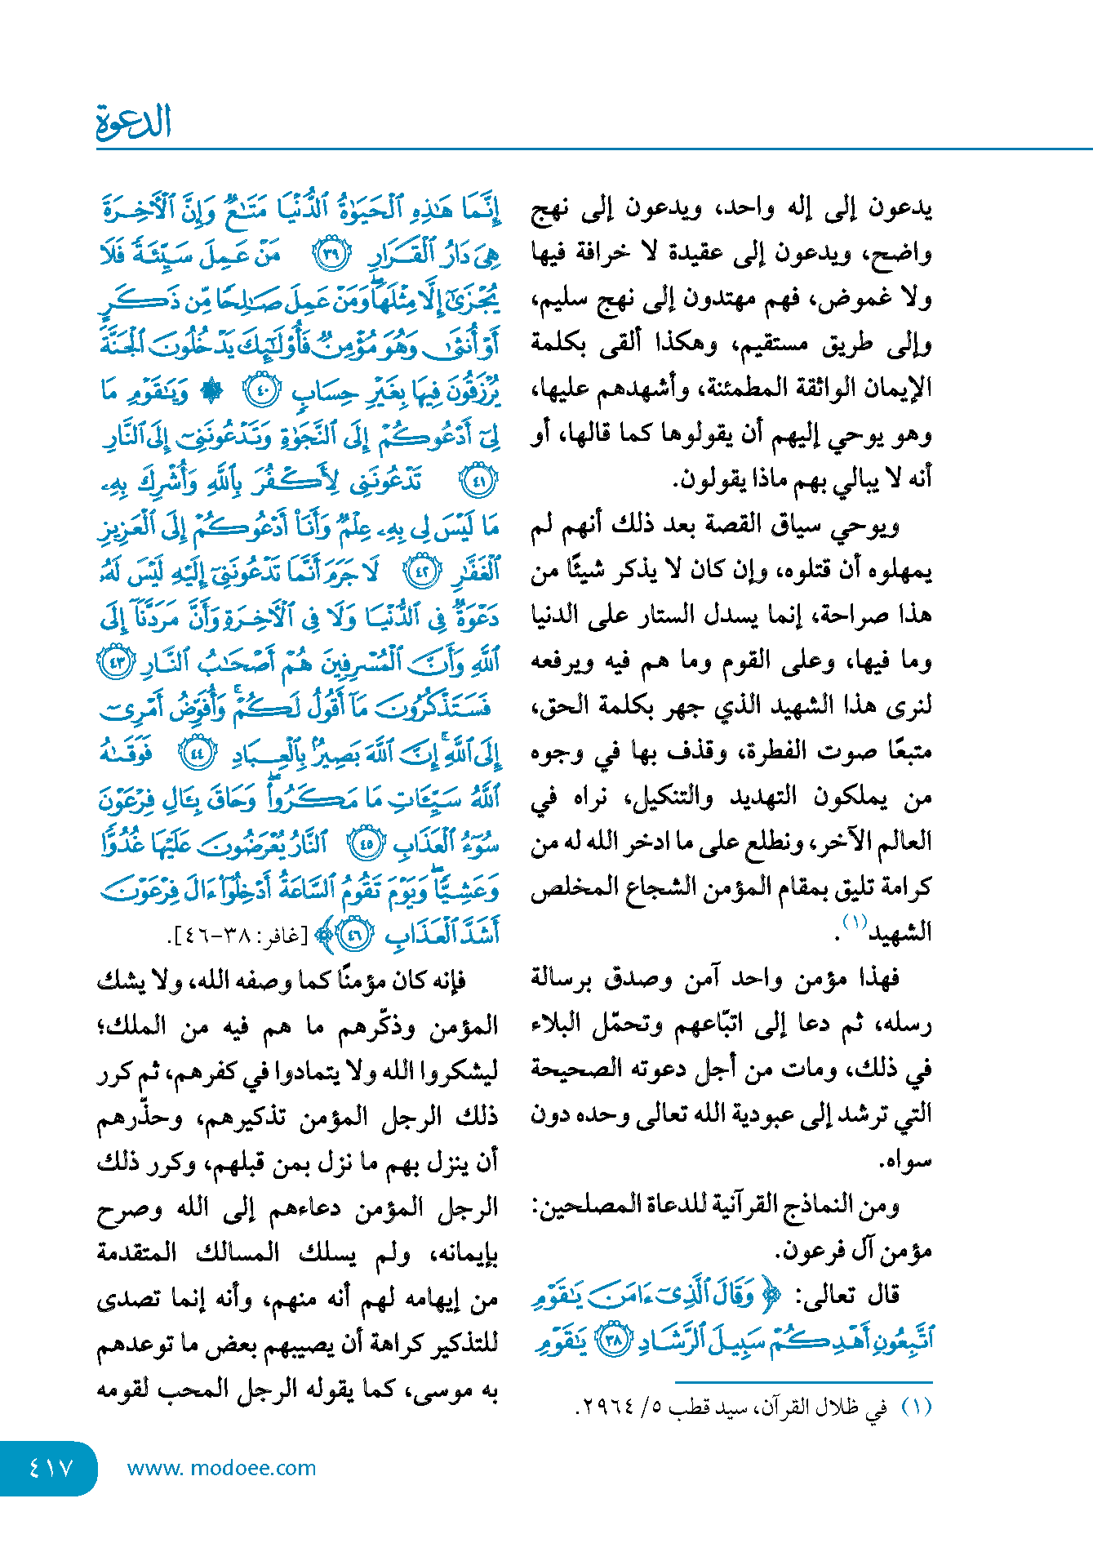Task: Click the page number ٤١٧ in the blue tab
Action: [51, 1468]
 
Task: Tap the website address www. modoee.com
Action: [221, 1468]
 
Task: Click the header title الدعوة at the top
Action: [134, 122]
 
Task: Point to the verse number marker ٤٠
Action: [263, 391]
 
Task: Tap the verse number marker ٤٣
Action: [114, 661]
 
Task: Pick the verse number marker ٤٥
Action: [365, 843]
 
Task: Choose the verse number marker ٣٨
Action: [613, 1341]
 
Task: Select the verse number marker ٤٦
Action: [354, 934]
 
